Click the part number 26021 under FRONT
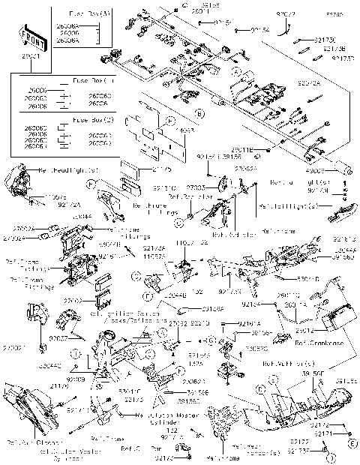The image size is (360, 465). point(30,56)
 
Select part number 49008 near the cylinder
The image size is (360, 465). point(328,169)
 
